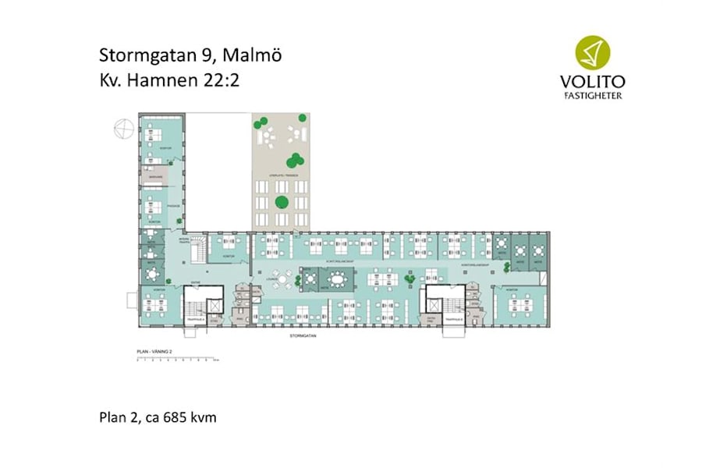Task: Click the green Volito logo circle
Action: (594, 52)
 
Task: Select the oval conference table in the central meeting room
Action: (337, 278)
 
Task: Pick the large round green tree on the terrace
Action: (281, 202)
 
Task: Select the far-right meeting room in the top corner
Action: (539, 250)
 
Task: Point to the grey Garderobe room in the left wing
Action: (155, 178)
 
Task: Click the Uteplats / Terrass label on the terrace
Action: (280, 175)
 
